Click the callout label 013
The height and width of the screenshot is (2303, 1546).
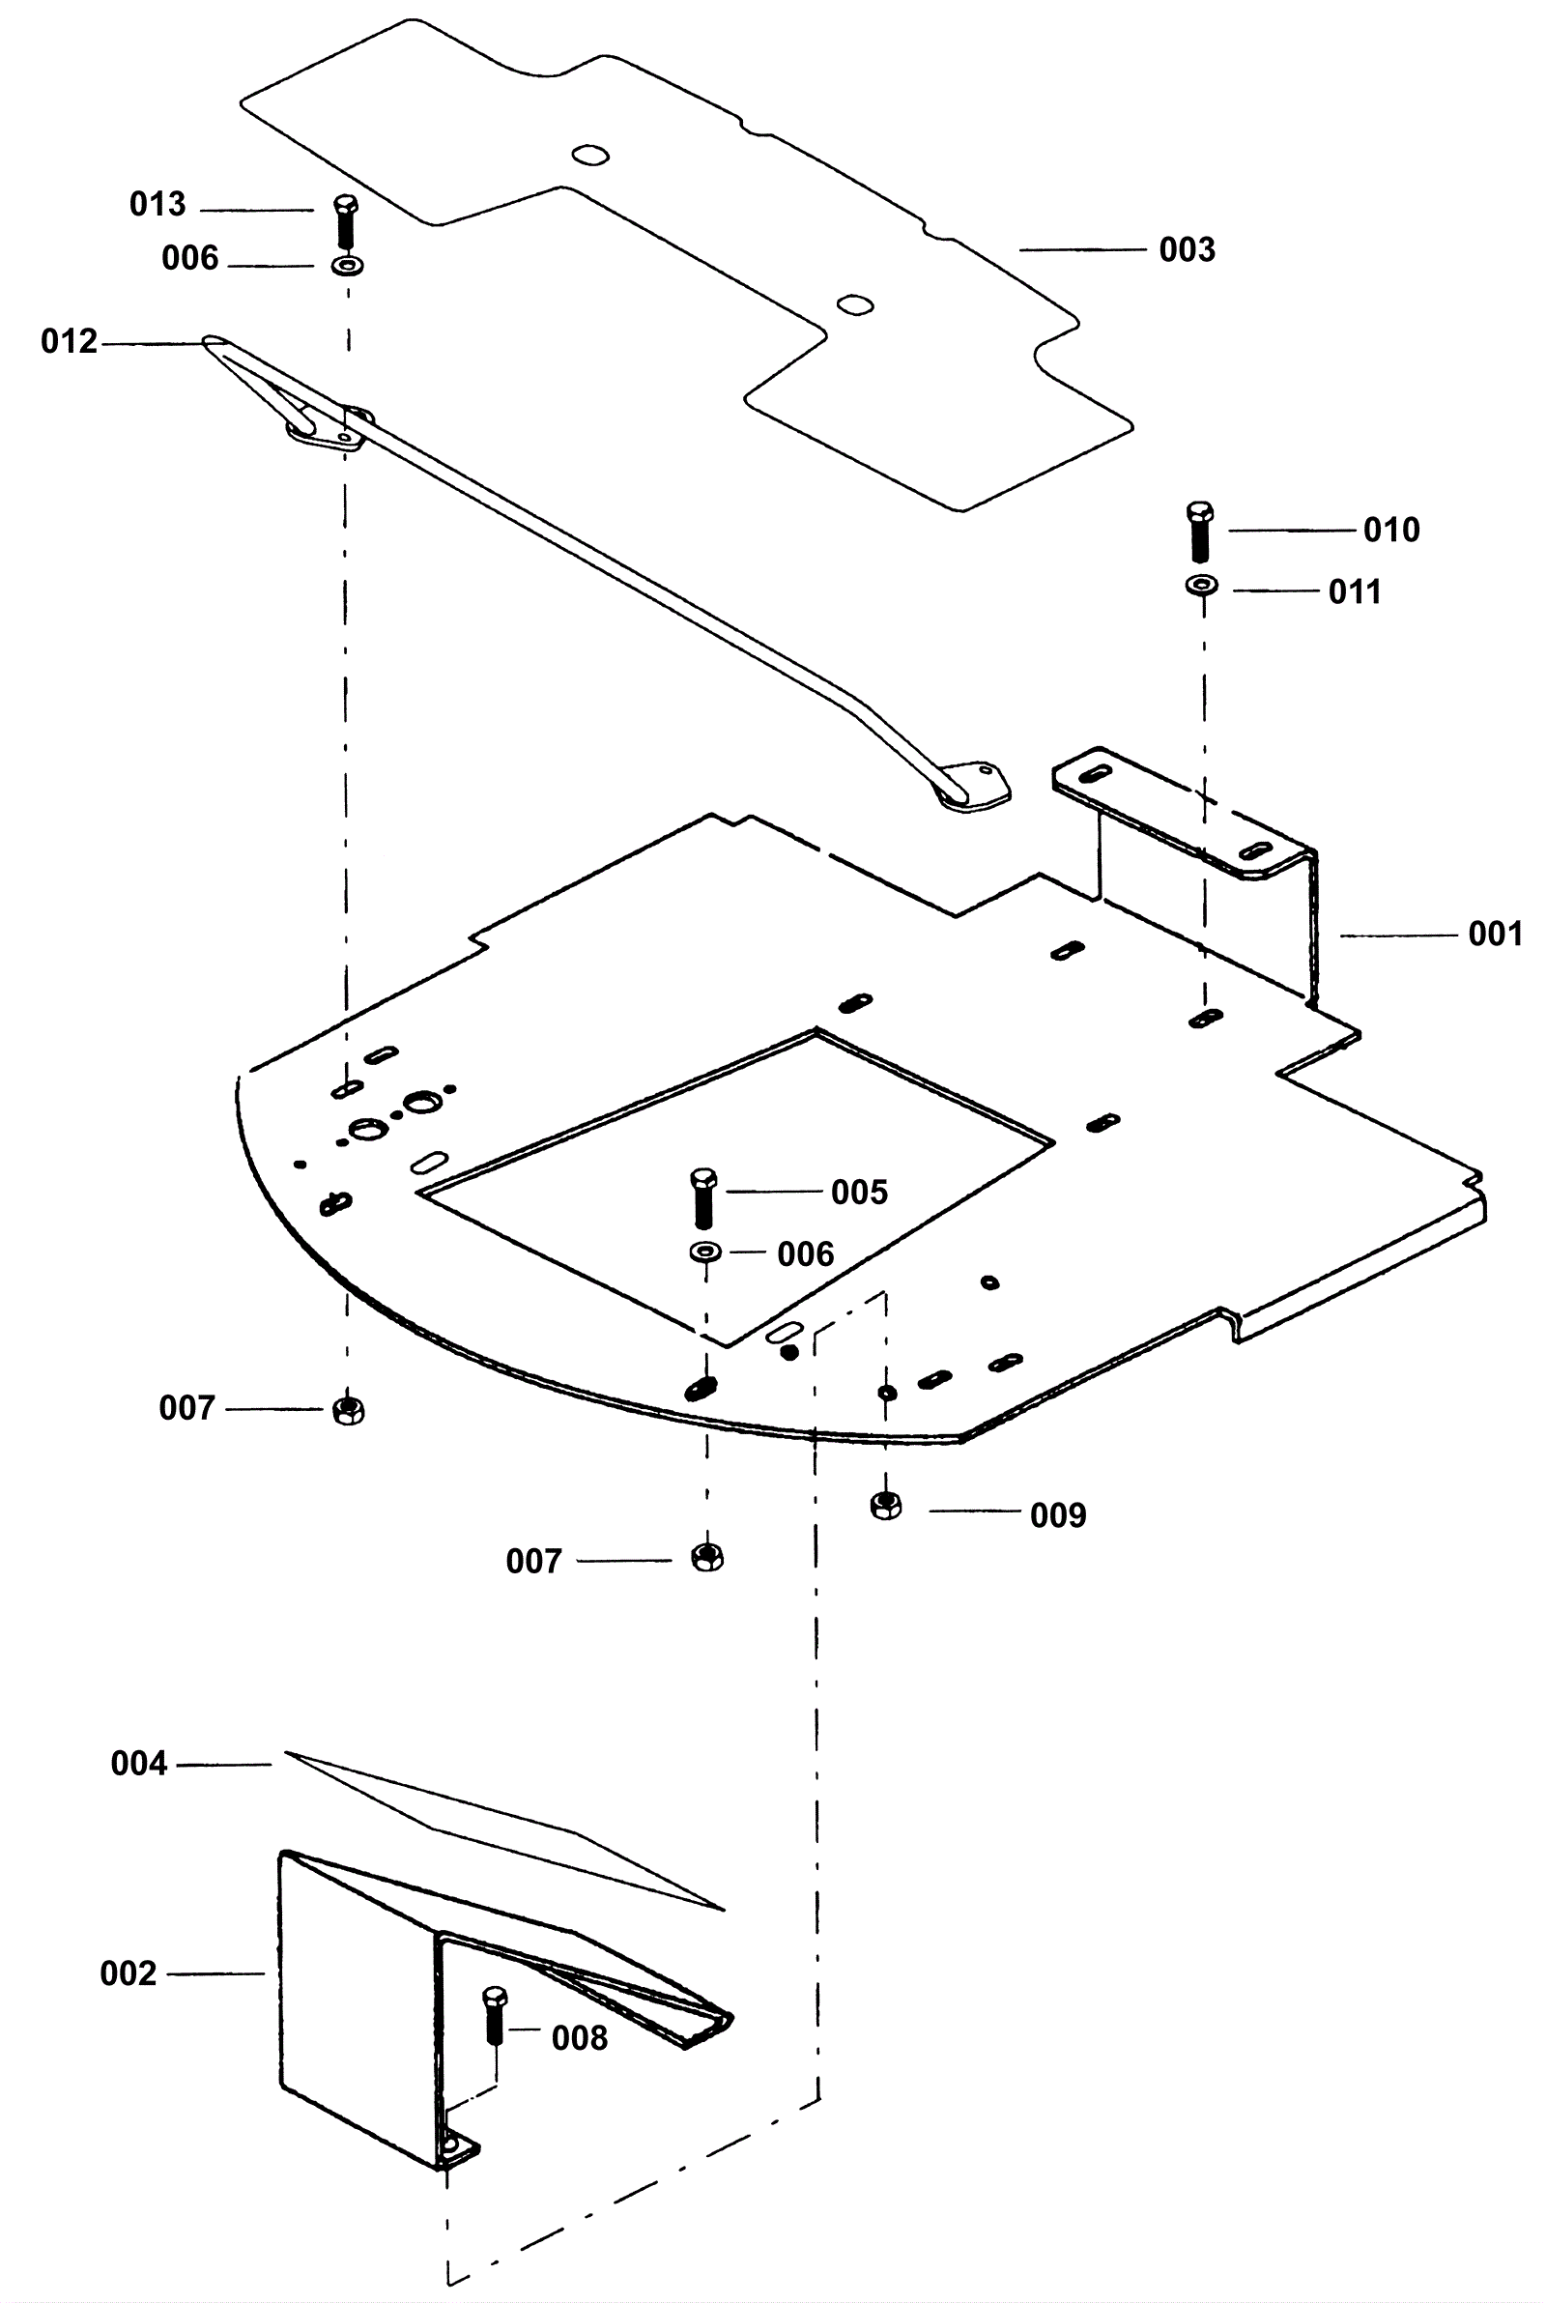click(x=157, y=205)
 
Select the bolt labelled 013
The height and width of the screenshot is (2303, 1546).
click(x=346, y=223)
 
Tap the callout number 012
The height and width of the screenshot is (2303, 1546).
click(x=69, y=342)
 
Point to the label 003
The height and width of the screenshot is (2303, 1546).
click(x=1188, y=250)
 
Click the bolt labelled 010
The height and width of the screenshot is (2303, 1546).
click(x=1200, y=533)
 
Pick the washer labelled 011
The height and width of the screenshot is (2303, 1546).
click(x=1201, y=586)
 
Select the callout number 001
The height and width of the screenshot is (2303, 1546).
click(x=1496, y=934)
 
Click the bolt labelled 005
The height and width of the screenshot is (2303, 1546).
click(x=704, y=1197)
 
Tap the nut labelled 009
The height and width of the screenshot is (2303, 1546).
click(x=886, y=1506)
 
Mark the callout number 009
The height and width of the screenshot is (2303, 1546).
click(x=1058, y=1515)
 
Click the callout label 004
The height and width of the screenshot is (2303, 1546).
click(x=139, y=1764)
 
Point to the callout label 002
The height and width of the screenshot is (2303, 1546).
click(x=129, y=1973)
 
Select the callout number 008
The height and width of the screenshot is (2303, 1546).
click(x=580, y=2038)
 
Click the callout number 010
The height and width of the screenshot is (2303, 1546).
click(x=1391, y=531)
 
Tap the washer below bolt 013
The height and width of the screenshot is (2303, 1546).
click(x=346, y=266)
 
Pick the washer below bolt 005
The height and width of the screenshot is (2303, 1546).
click(x=705, y=1252)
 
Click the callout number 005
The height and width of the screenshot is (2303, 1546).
click(x=860, y=1193)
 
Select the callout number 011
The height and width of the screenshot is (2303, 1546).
click(x=1355, y=592)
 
